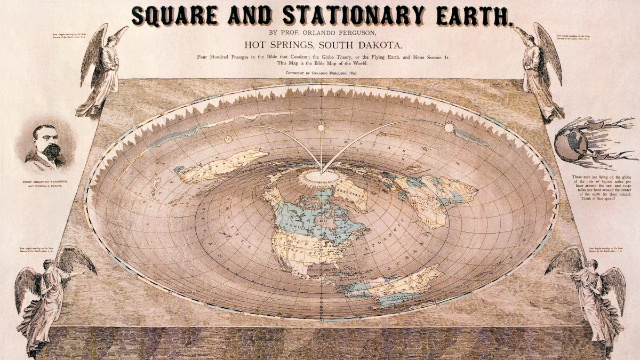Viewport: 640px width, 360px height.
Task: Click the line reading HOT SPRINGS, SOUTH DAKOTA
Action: (x=320, y=44)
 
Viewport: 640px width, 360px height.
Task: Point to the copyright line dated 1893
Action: (x=320, y=72)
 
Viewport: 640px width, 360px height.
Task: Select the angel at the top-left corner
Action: (x=101, y=69)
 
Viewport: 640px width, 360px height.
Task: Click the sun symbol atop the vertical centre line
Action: (x=321, y=127)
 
